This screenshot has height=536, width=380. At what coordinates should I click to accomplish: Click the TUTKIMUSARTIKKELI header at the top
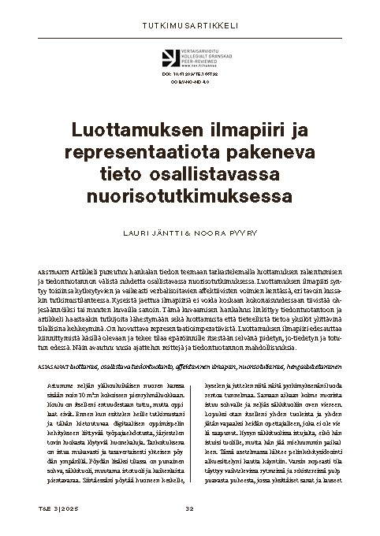coord(189,24)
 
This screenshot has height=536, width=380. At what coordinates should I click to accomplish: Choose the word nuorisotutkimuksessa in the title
coord(189,191)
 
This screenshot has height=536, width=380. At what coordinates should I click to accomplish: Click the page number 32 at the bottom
coord(189,506)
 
